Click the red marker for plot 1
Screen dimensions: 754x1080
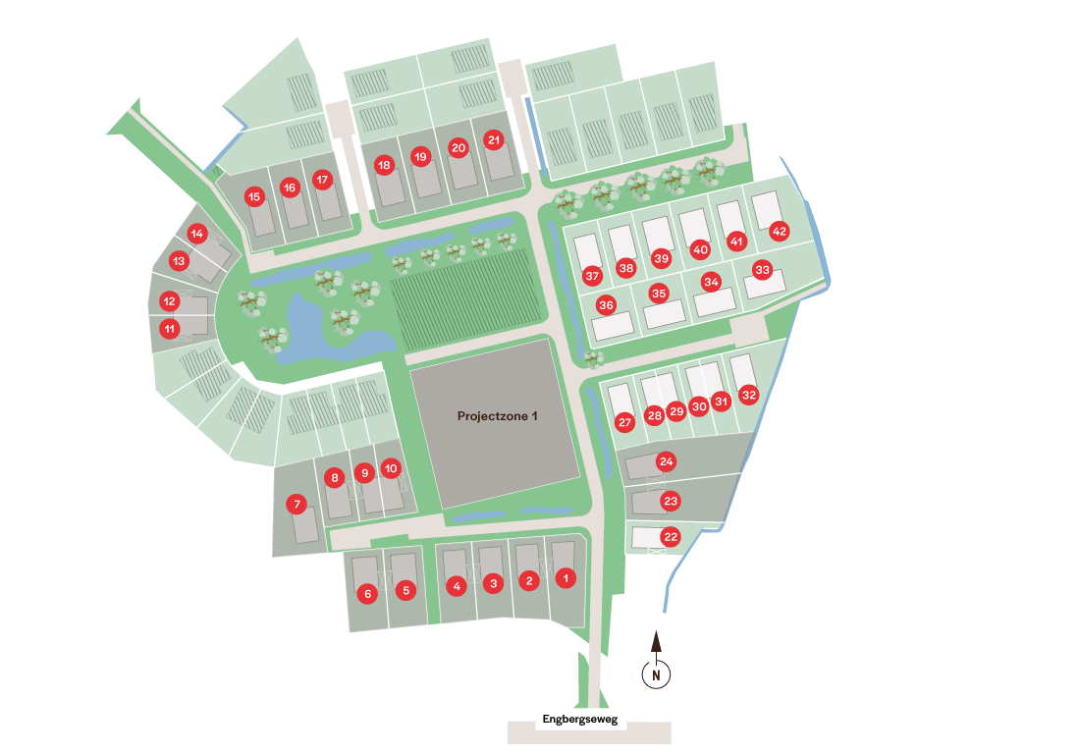click(x=565, y=578)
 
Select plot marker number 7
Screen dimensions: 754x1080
click(x=296, y=505)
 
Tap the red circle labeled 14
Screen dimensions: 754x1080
click(x=197, y=234)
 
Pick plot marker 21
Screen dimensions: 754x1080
click(x=494, y=140)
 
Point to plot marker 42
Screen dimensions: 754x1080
click(x=780, y=232)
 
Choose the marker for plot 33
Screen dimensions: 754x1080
click(x=762, y=269)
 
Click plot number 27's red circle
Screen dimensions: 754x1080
click(x=624, y=422)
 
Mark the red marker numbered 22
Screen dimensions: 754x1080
click(x=671, y=537)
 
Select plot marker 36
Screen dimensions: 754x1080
click(x=606, y=305)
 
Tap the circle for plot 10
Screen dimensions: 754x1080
click(x=391, y=468)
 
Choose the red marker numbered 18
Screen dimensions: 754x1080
click(x=384, y=165)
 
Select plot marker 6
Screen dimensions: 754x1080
click(x=367, y=593)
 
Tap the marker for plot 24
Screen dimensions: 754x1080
click(x=667, y=461)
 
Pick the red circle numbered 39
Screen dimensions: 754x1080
click(x=661, y=259)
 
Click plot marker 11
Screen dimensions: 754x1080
click(x=171, y=328)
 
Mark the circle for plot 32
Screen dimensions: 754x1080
click(x=749, y=395)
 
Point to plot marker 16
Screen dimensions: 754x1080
click(x=289, y=187)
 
